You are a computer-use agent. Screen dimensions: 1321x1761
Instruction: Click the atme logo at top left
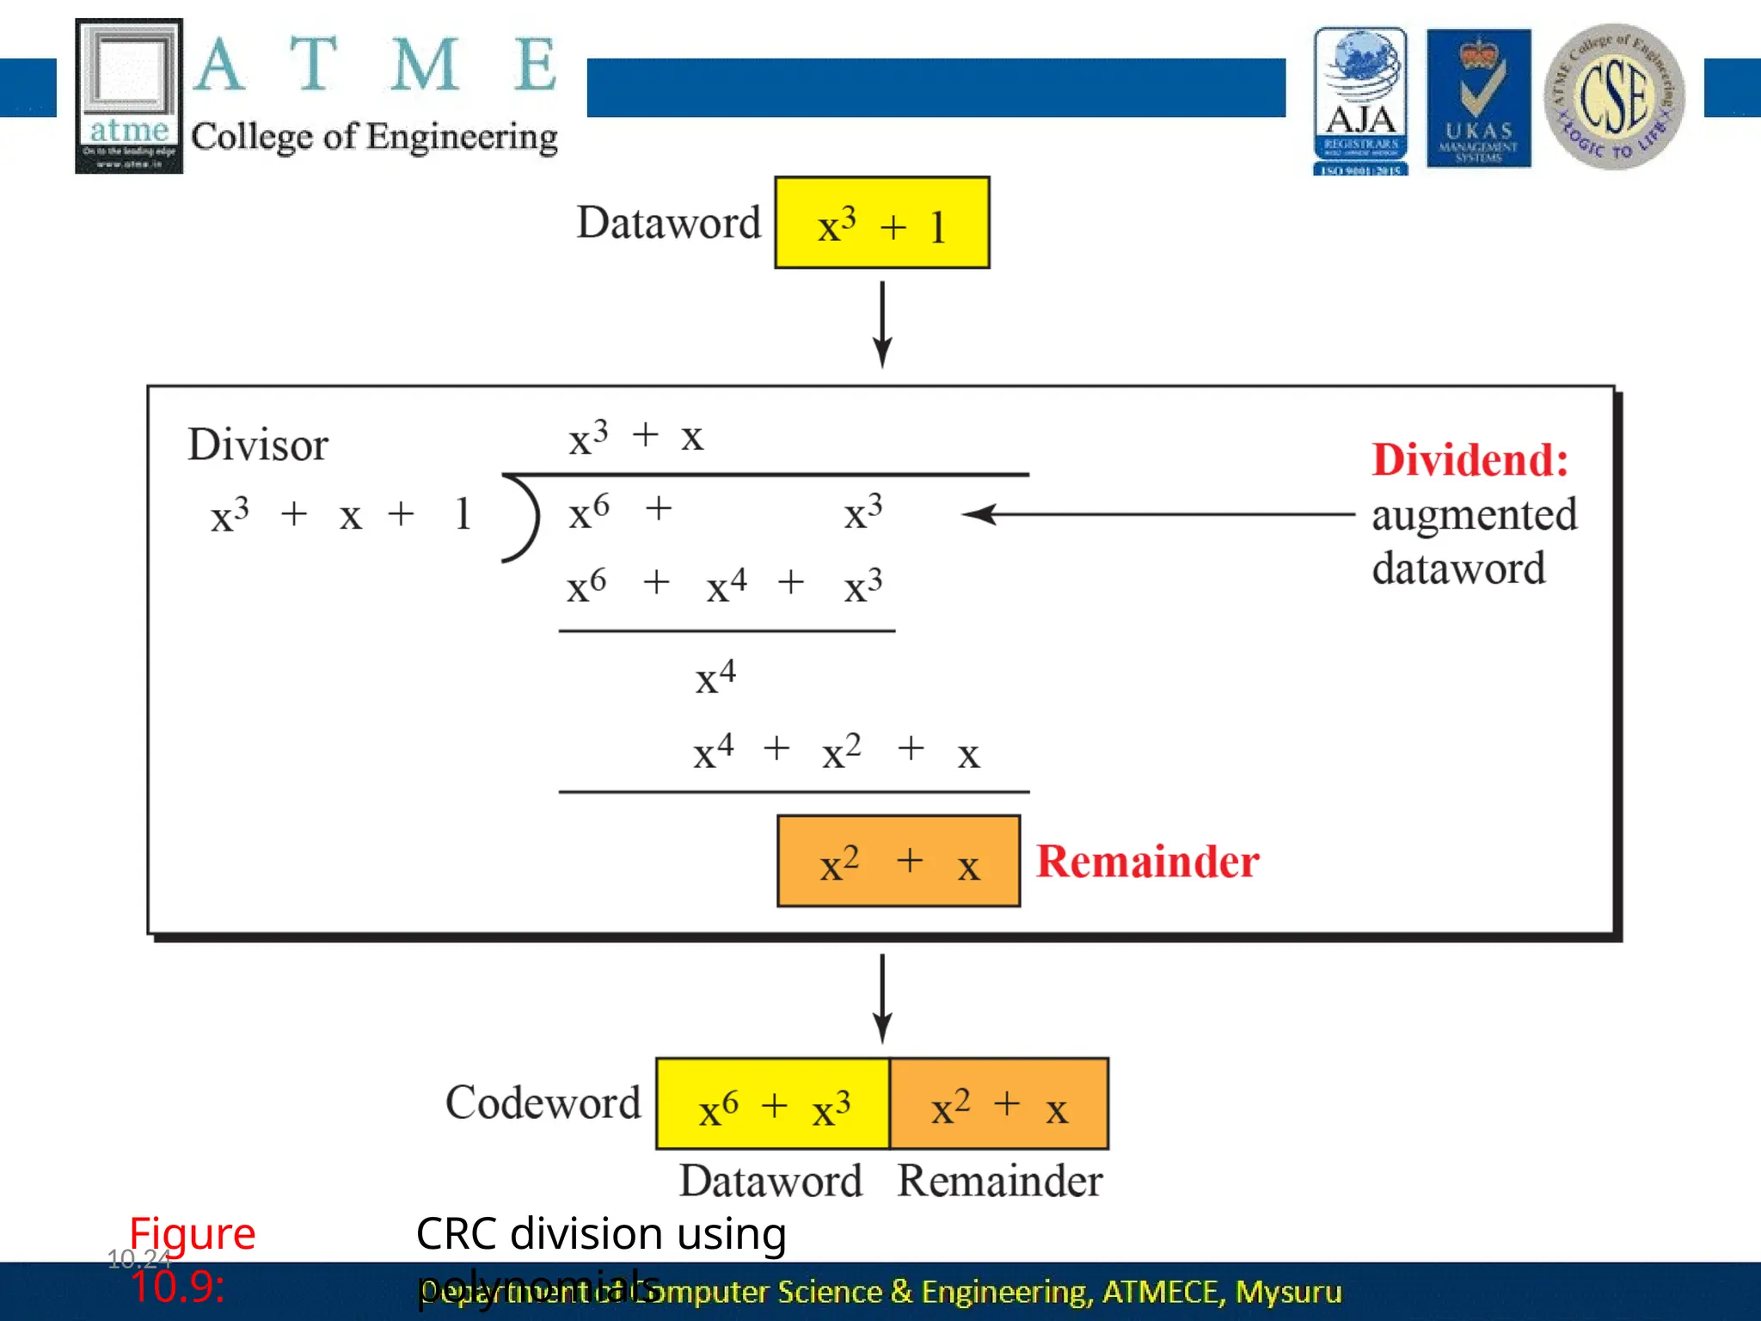129,95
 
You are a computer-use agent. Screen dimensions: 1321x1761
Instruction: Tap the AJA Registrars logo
1360,101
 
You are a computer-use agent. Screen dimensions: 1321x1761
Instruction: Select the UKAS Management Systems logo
1478,98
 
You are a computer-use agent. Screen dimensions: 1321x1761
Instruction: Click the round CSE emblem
1614,96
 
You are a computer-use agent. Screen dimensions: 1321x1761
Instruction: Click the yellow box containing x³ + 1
881,224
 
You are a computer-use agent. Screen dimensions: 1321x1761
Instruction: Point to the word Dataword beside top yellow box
668,224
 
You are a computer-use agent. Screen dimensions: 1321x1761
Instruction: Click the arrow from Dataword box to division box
882,324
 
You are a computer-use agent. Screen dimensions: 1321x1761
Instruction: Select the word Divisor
258,445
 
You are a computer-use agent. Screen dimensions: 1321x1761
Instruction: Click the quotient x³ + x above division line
635,437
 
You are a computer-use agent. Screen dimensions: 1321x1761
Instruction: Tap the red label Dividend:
1470,460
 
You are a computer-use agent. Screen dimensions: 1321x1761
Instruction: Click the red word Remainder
1147,862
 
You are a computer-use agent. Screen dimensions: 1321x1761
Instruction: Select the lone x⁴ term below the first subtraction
715,678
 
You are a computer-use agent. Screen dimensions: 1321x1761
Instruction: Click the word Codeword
543,1103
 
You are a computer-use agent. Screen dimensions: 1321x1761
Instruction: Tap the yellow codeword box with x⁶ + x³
772,1104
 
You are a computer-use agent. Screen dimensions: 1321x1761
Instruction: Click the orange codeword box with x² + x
999,1104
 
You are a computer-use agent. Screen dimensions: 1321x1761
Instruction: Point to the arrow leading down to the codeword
882,998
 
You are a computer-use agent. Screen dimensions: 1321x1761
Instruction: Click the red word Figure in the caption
193,1234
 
